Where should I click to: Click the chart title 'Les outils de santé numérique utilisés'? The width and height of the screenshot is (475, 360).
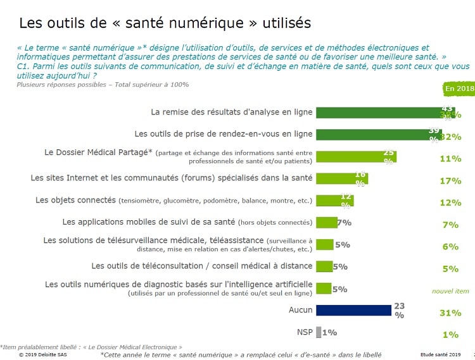click(x=165, y=23)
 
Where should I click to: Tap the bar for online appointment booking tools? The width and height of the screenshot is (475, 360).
click(x=374, y=135)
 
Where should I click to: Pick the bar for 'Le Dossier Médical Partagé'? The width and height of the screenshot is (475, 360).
click(x=355, y=156)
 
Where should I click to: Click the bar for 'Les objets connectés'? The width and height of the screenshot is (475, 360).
click(x=334, y=201)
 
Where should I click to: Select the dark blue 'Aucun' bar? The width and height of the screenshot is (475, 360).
click(x=353, y=310)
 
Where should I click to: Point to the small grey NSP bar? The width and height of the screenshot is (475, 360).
click(x=317, y=332)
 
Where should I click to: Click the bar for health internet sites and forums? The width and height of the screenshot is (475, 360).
click(x=341, y=178)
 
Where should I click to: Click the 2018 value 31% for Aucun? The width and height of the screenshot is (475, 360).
click(x=450, y=313)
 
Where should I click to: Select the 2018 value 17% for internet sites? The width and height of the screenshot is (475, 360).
click(x=450, y=181)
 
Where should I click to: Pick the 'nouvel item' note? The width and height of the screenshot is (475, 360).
click(x=450, y=291)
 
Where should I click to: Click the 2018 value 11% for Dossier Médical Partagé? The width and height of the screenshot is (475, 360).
click(x=450, y=159)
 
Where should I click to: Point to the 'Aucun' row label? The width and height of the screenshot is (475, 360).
click(x=300, y=310)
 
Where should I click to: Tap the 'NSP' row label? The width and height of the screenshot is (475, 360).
click(x=303, y=332)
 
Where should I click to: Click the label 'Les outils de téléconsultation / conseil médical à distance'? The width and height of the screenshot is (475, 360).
click(x=202, y=266)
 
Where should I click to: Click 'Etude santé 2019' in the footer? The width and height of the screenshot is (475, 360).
click(x=442, y=355)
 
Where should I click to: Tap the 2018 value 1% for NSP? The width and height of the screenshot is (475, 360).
click(x=450, y=335)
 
